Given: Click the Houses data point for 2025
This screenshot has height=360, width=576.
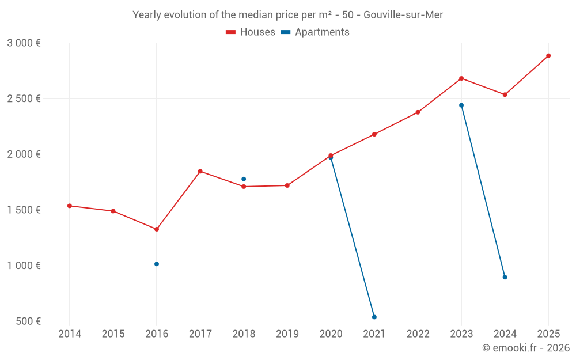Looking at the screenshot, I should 548,56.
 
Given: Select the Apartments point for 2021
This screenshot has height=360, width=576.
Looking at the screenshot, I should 374,317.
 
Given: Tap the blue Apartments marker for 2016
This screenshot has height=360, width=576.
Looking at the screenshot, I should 157,264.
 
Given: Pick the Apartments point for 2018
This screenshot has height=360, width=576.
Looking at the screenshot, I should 244,179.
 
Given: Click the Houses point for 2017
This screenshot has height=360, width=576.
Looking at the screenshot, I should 200,171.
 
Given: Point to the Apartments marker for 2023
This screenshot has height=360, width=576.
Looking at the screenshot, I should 461,105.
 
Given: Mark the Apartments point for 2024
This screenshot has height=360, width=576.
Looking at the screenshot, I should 505,277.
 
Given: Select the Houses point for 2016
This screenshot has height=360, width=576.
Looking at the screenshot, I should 157,229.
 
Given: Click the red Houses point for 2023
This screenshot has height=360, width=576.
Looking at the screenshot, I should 461,78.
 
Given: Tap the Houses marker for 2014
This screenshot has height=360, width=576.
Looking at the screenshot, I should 70,206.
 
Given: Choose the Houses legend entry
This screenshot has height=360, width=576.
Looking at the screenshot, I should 251,32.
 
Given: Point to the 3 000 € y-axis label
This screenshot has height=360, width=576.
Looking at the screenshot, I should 24,43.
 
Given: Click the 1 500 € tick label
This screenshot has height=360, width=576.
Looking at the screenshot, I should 24,210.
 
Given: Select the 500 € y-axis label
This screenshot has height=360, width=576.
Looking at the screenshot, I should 28,321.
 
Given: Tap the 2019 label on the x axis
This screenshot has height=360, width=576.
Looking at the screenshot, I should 287,334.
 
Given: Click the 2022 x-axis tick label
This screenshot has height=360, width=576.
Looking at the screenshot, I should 418,334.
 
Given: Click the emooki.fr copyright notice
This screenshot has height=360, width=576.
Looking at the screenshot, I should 525,348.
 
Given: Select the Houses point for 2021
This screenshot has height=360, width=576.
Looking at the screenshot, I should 374,134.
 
